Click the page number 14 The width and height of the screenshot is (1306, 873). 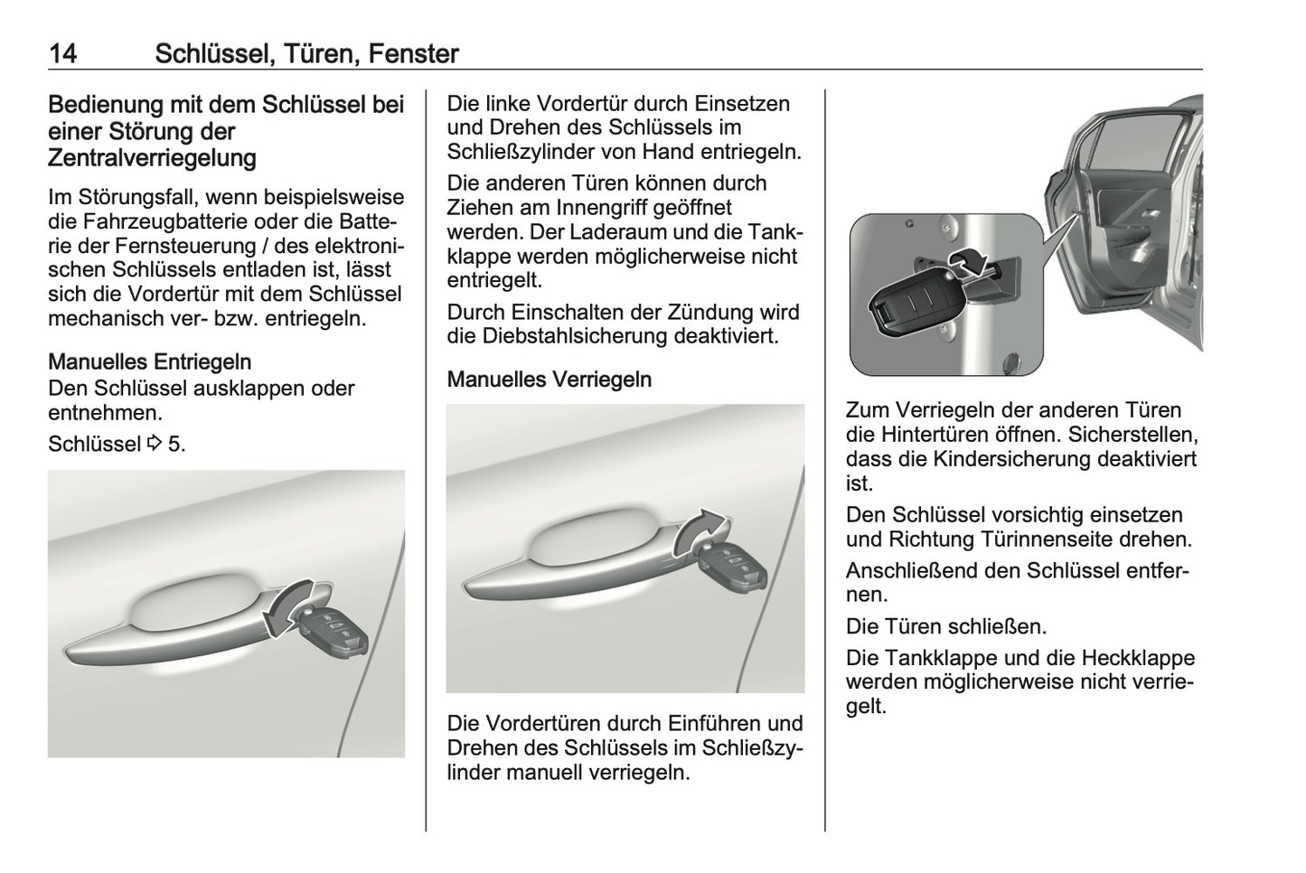click(62, 53)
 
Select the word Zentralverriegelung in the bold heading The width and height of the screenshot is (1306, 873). click(152, 158)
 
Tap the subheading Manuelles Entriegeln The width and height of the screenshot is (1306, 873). click(149, 361)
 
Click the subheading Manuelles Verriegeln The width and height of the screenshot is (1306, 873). click(549, 379)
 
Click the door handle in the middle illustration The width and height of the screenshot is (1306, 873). click(569, 560)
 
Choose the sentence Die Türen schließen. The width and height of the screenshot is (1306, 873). click(945, 626)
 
